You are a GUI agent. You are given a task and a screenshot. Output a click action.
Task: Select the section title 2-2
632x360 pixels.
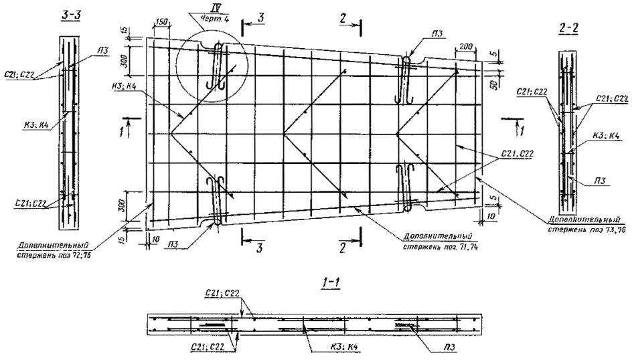coord(566,29)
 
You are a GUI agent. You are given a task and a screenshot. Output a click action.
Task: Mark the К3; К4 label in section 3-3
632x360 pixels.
coord(29,124)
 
